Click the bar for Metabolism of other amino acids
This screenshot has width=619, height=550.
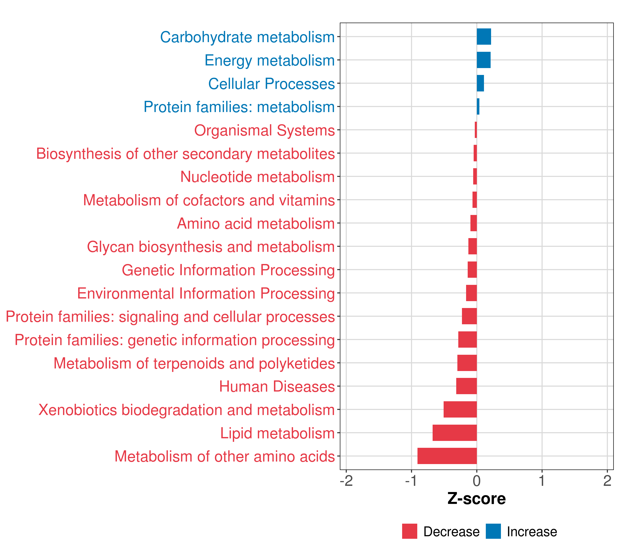point(447,456)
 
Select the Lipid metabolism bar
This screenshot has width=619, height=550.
point(455,433)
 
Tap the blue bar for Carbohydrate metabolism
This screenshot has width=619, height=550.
point(484,37)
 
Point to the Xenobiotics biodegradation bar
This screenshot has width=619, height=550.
point(460,409)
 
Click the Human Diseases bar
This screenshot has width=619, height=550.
point(466,386)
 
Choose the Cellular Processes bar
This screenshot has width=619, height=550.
point(480,83)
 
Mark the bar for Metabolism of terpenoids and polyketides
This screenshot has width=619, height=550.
point(467,363)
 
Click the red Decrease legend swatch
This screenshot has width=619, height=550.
point(409,531)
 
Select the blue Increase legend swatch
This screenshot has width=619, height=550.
point(493,531)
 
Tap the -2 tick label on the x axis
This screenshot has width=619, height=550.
point(346,481)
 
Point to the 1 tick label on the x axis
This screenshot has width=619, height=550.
point(542,481)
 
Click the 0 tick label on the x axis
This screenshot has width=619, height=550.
point(477,481)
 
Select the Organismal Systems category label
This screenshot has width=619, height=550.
point(264,130)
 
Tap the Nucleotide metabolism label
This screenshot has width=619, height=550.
point(257,177)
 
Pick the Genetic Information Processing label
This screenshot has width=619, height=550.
point(228,270)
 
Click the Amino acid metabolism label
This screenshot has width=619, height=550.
point(256,223)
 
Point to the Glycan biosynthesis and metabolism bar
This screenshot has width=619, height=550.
point(473,246)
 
